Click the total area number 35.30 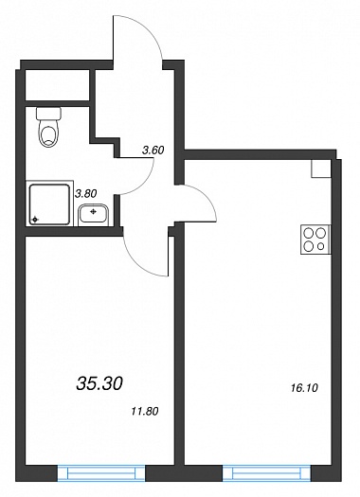99,383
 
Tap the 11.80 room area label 145,412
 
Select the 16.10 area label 304,387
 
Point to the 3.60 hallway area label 153,150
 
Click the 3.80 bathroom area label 85,193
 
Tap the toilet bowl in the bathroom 49,133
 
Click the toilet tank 49,114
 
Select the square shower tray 49,204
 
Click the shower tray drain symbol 34,220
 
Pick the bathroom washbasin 94,215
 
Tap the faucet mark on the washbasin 93,211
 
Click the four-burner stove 315,240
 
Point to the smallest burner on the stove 321,246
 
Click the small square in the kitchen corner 321,168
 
